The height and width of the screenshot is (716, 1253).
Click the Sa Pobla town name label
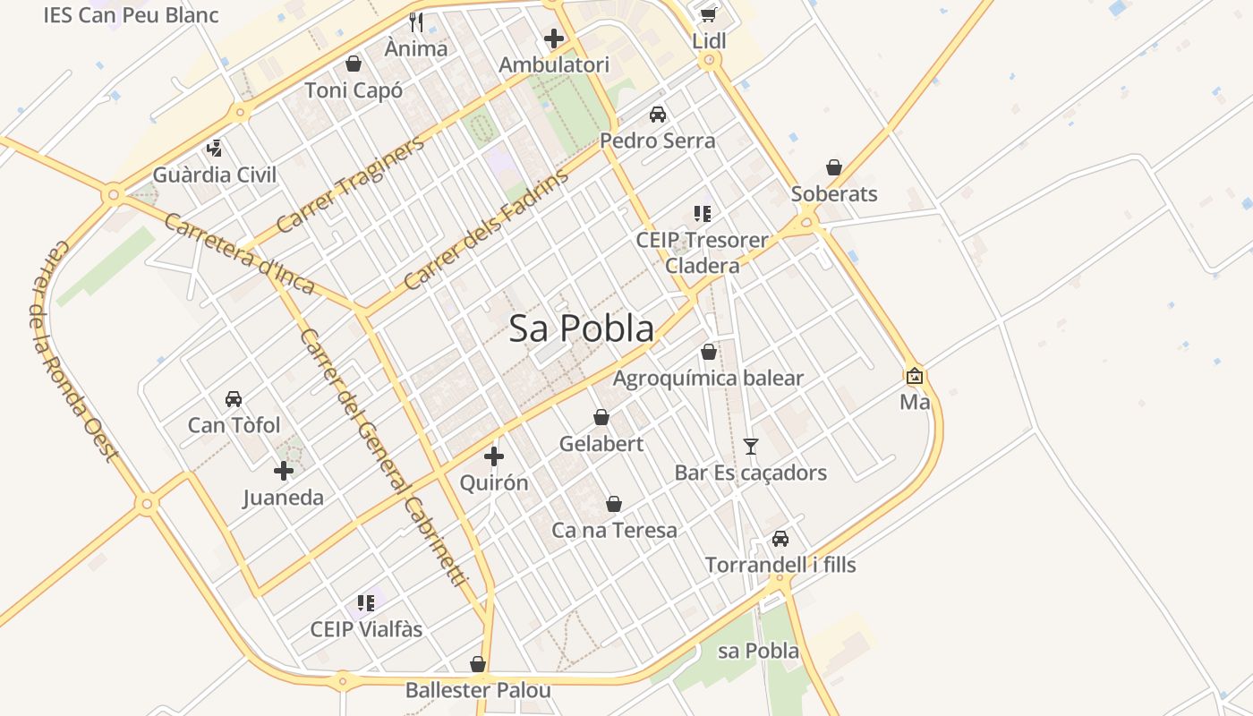[582, 329]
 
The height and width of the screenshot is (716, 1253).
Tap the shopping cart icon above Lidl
[709, 14]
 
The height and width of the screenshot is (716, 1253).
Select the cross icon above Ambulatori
[554, 38]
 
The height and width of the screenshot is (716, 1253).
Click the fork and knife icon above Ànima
[415, 21]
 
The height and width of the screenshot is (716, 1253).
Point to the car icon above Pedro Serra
[658, 115]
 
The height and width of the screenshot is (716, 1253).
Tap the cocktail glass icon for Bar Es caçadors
[751, 446]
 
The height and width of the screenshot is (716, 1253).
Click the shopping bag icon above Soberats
[834, 167]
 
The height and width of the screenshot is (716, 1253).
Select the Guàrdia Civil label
[215, 175]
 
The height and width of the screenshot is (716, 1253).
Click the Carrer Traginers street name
[350, 184]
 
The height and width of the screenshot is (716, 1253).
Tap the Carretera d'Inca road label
[240, 253]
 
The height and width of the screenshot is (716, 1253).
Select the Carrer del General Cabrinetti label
[384, 457]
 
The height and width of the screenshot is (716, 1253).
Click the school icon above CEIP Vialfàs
[365, 602]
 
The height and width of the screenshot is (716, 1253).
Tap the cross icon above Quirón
[493, 457]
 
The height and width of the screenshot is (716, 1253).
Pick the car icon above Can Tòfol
[234, 398]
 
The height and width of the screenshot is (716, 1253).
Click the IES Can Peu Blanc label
[131, 15]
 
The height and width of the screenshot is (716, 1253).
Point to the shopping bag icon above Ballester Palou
[478, 664]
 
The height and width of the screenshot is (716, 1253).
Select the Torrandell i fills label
[780, 565]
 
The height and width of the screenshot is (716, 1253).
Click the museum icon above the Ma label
[915, 376]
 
